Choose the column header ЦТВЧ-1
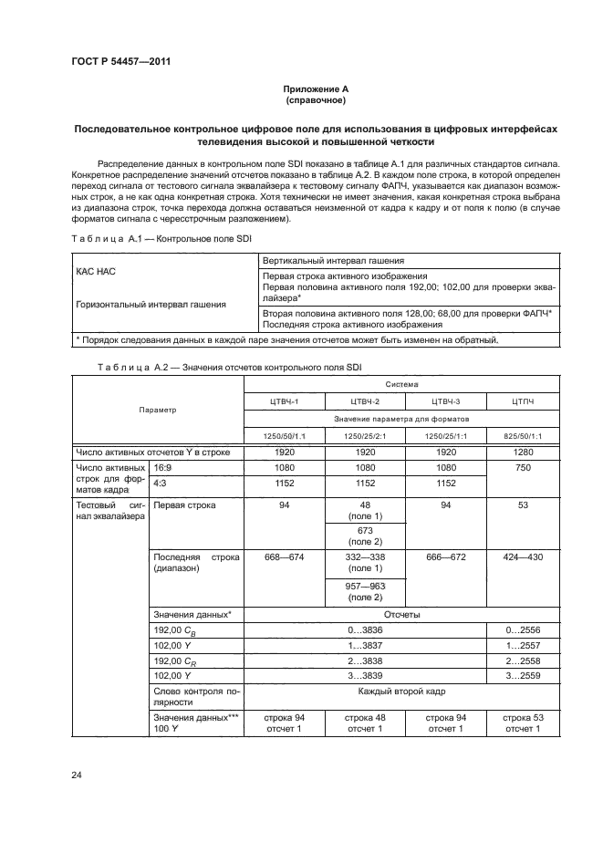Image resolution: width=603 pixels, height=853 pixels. coord(279,401)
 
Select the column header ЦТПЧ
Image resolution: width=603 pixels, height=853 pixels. coord(523,401)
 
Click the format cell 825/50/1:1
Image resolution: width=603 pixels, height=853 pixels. coord(523,435)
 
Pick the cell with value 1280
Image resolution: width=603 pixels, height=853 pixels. coord(523,453)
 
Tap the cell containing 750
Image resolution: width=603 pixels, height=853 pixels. coord(523,475)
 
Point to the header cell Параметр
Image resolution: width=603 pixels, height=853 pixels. coord(158,410)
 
